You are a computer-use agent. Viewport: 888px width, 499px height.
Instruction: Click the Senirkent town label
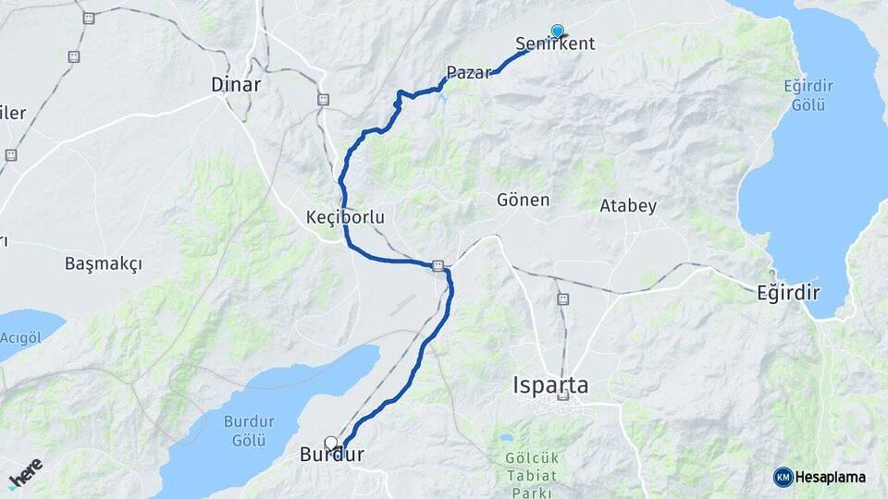[556, 44]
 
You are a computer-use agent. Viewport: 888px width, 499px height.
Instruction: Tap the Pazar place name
[468, 73]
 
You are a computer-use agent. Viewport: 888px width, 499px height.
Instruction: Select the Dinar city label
[236, 85]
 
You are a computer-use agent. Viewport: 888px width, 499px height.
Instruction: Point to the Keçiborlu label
[344, 217]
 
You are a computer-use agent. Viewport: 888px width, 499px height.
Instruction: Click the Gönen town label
[524, 200]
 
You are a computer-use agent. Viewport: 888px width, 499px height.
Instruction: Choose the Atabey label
[628, 205]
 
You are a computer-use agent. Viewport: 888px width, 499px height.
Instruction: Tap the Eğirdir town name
[788, 293]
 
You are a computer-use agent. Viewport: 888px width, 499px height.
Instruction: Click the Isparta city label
[550, 384]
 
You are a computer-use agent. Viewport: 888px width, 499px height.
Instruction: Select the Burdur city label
[331, 456]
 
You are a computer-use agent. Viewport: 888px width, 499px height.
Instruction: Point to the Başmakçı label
[104, 264]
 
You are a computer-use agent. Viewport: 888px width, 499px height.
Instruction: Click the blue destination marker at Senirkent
[557, 30]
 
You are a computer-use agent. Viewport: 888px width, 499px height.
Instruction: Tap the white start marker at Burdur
[330, 443]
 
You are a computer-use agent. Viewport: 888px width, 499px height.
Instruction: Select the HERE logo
[25, 473]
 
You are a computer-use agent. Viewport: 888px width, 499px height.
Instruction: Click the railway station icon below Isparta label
[563, 397]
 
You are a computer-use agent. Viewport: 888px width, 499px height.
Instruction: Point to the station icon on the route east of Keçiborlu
[438, 266]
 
